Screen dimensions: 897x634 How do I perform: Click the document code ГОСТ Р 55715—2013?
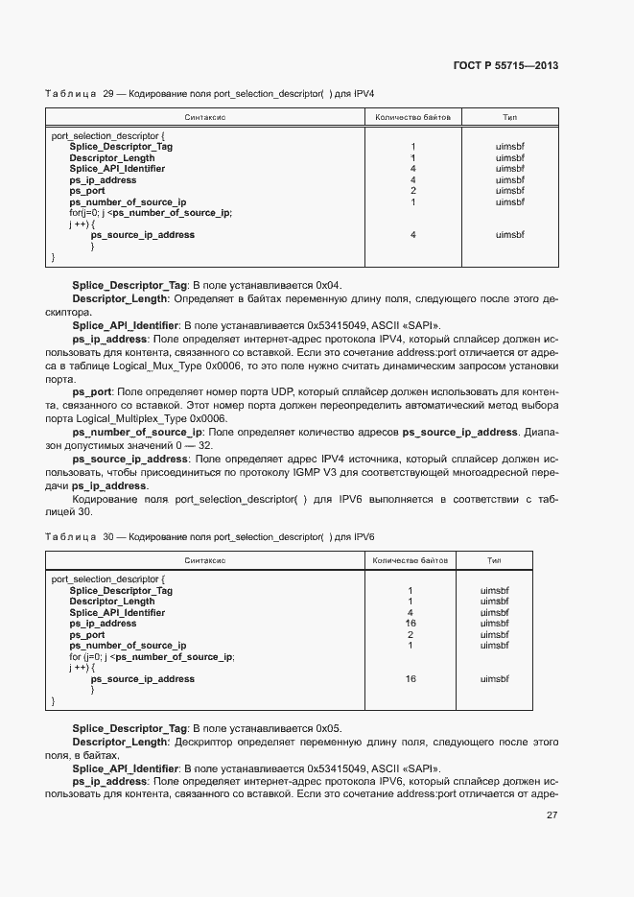click(505, 65)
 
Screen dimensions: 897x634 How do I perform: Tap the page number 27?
click(552, 815)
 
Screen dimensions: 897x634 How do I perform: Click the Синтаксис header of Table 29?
click(204, 117)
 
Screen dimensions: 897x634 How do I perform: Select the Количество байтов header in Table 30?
click(411, 558)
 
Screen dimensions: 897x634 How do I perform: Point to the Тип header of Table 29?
click(510, 117)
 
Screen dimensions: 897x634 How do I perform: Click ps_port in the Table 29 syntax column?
click(87, 191)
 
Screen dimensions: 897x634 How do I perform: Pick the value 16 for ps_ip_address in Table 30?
click(411, 624)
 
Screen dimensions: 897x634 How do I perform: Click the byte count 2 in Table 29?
click(412, 191)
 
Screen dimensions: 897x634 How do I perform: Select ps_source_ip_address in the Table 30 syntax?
click(142, 679)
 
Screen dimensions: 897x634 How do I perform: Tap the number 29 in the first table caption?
click(108, 94)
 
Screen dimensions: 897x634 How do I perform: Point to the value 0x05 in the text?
click(328, 729)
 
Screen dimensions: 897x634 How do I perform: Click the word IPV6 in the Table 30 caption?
click(363, 536)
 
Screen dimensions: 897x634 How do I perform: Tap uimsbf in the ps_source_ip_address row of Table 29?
click(510, 235)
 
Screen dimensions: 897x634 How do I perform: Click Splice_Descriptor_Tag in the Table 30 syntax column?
click(121, 591)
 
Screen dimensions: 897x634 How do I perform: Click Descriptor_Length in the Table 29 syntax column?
click(112, 157)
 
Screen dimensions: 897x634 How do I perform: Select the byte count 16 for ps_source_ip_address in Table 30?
click(411, 679)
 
